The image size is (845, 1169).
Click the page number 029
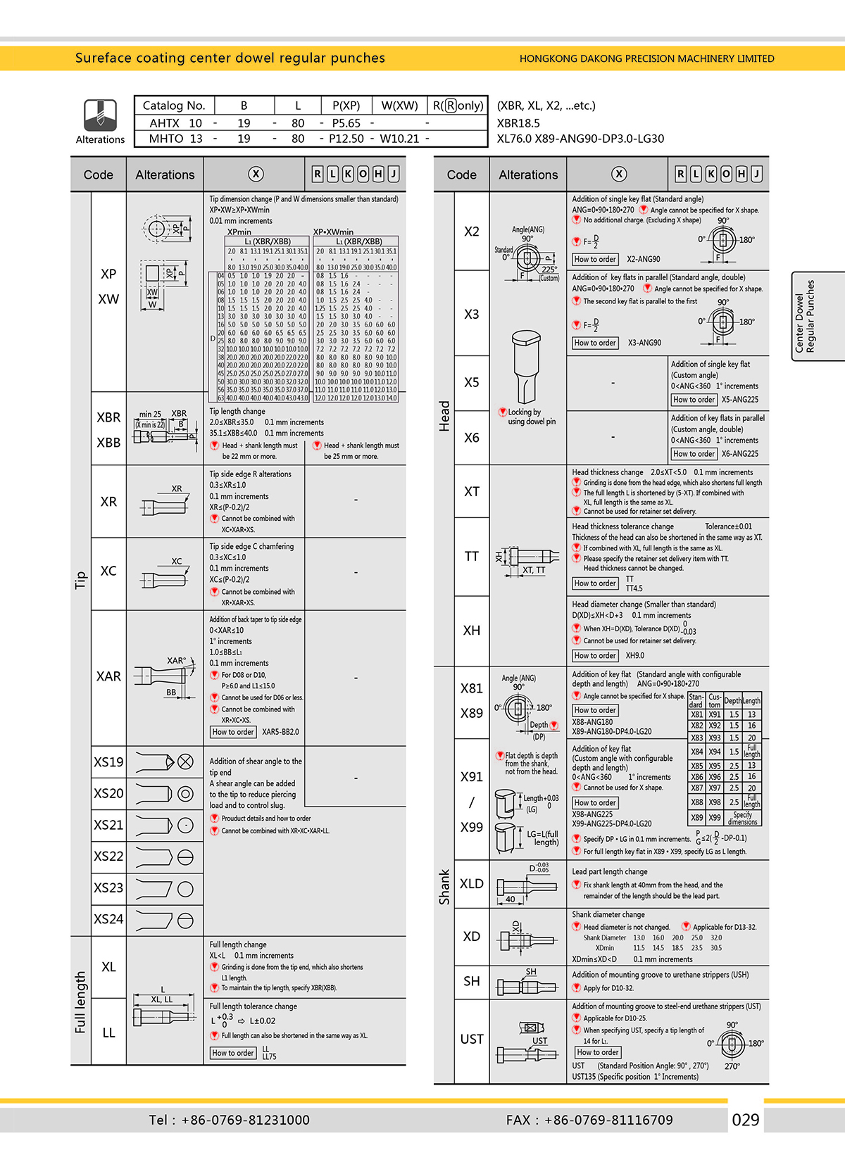click(x=746, y=1120)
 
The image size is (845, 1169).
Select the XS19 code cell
click(x=108, y=762)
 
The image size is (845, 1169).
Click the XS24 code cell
click(x=108, y=919)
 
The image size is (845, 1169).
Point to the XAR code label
click(x=108, y=676)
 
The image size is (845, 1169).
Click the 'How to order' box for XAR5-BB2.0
click(x=233, y=732)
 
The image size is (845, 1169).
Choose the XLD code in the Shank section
click(x=472, y=884)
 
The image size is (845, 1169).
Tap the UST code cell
click(x=472, y=1039)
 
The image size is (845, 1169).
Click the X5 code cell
click(x=472, y=383)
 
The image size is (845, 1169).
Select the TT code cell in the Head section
click(x=472, y=557)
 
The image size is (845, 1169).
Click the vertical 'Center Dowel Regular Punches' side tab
click(x=805, y=316)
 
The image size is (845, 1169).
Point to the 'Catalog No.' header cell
click(x=174, y=106)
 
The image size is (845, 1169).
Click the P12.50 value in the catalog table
click(x=346, y=139)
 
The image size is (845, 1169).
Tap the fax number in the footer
click(x=589, y=1120)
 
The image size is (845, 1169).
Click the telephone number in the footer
click(x=230, y=1120)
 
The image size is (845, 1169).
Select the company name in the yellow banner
click(x=646, y=58)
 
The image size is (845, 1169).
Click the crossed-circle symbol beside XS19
click(x=185, y=762)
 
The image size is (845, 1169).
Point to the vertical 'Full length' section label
click(x=80, y=1001)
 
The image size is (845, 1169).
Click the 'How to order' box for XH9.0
click(x=595, y=655)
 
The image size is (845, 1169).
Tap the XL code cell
click(x=108, y=967)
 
